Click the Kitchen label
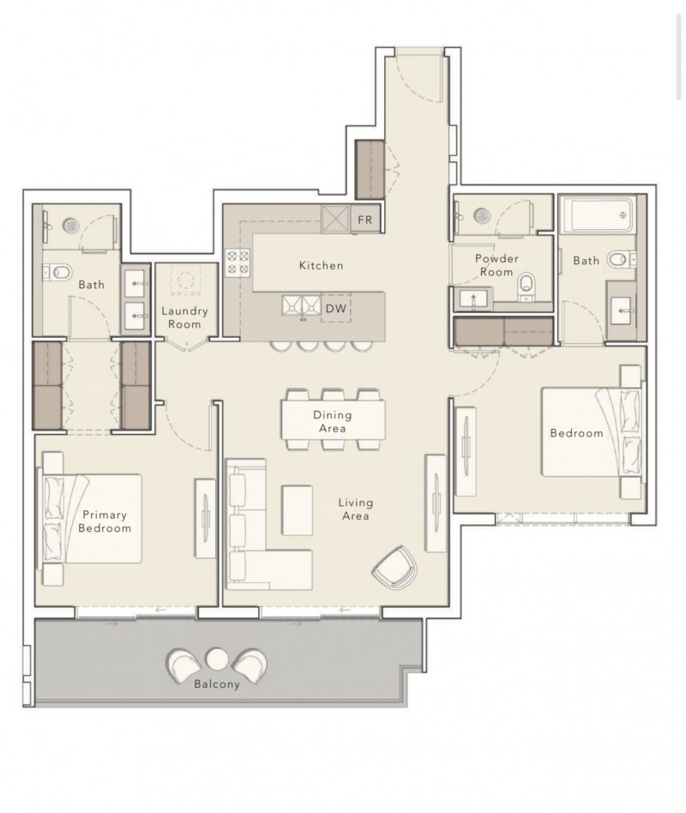tap(321, 266)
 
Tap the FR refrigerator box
tap(365, 220)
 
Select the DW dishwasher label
tap(336, 309)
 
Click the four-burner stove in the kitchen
tap(238, 262)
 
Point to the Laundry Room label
tap(184, 317)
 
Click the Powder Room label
tap(496, 265)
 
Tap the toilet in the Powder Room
tap(526, 286)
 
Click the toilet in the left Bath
tap(58, 271)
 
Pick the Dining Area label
tap(333, 422)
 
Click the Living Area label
tap(355, 509)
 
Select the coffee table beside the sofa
tap(297, 510)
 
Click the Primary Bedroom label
tap(105, 521)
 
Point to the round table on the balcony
tap(217, 659)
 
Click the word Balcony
tap(217, 684)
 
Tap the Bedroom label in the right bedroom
tap(576, 433)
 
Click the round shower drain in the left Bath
tap(70, 226)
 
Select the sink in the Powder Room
tap(473, 300)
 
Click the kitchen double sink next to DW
tap(301, 305)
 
